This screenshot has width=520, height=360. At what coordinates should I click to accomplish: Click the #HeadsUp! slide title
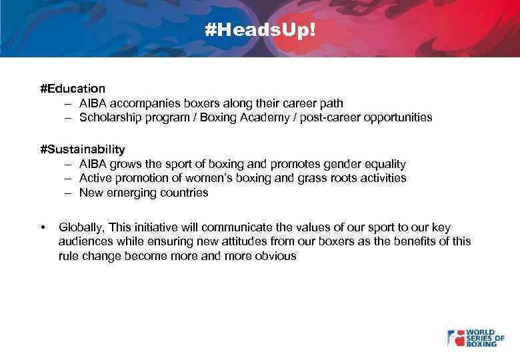(259, 31)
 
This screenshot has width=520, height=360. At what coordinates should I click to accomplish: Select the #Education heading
(73, 88)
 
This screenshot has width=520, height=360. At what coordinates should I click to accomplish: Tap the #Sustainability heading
(82, 149)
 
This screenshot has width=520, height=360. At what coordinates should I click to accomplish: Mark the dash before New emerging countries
(68, 193)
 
